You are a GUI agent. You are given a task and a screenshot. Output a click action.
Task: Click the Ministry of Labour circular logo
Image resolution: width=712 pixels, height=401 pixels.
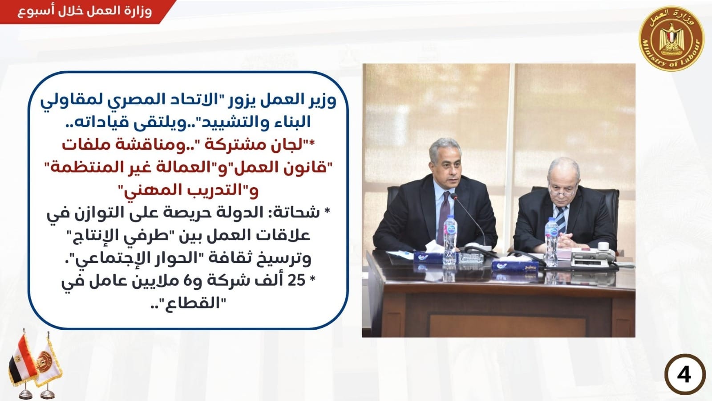672,39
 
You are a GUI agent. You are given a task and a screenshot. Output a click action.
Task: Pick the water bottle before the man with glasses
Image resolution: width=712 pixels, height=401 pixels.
551,242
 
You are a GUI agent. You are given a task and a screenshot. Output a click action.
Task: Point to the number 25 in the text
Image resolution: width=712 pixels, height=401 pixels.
297,281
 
